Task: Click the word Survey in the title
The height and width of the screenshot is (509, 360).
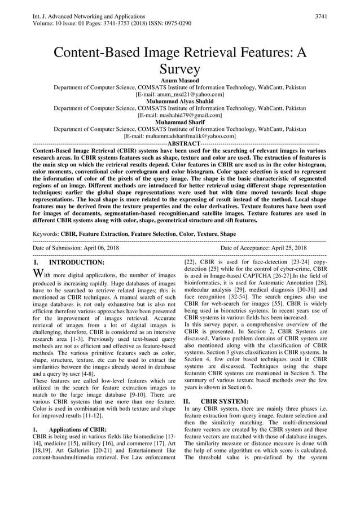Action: point(179,69)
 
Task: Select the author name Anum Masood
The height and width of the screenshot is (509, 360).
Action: point(179,81)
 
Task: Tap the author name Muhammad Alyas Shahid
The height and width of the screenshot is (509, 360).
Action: point(179,102)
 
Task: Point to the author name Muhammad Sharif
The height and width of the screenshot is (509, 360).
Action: point(179,122)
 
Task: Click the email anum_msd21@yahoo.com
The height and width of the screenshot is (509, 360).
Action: point(179,95)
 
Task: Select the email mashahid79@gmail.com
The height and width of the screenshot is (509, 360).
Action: point(179,115)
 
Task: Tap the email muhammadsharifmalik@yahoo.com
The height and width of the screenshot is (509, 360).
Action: point(179,135)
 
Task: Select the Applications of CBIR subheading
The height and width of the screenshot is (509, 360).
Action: point(74,429)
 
